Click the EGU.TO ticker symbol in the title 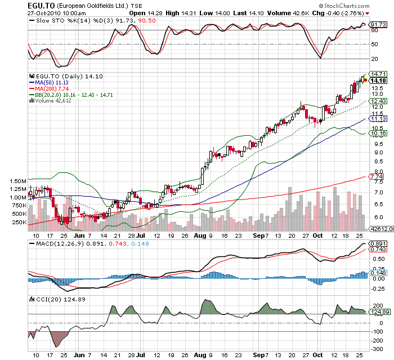point(40,5)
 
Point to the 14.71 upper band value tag point(378,74)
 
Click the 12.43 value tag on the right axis point(378,101)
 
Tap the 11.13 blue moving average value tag point(378,119)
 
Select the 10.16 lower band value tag point(378,133)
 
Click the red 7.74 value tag point(377,177)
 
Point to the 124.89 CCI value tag point(379,312)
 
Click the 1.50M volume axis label point(18,181)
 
